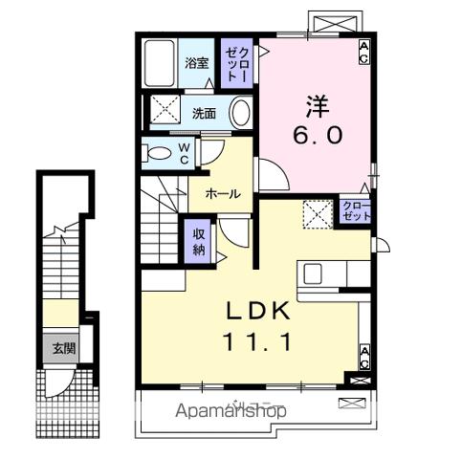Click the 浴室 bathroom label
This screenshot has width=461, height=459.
pyautogui.click(x=196, y=64)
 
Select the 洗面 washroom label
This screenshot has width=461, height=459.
pyautogui.click(x=203, y=113)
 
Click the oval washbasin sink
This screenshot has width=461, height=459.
pyautogui.click(x=240, y=112)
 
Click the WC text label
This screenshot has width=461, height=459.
pyautogui.click(x=186, y=153)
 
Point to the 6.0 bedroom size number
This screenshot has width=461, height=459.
pyautogui.click(x=317, y=135)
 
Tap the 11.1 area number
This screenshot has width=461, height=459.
pyautogui.click(x=257, y=340)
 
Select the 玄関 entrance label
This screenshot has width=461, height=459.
pyautogui.click(x=64, y=348)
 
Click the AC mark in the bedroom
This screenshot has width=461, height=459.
pyautogui.click(x=364, y=52)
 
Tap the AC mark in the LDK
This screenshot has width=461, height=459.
pyautogui.click(x=364, y=358)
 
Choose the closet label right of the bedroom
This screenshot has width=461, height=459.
pyautogui.click(x=355, y=212)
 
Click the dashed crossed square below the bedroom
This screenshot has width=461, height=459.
pyautogui.click(x=317, y=214)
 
